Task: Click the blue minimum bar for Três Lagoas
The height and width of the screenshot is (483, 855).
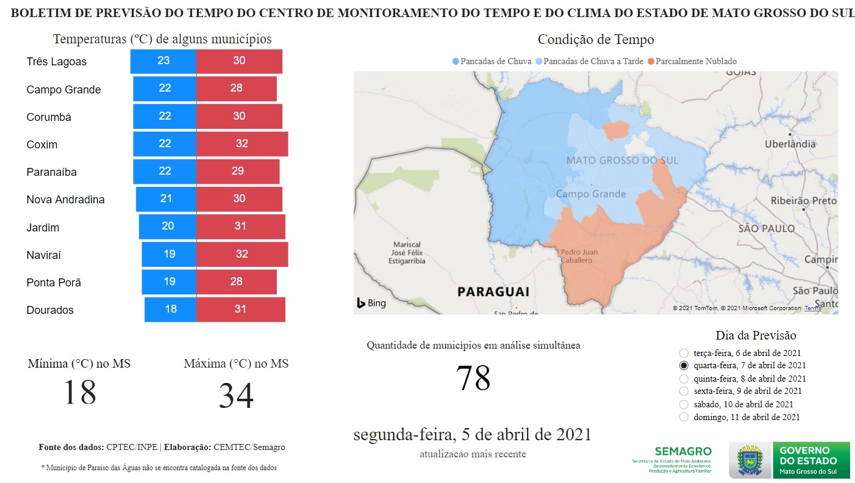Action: click(x=163, y=61)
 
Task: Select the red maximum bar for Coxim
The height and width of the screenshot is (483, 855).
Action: click(x=242, y=144)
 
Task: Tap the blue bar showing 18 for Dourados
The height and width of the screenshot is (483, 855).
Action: click(x=170, y=310)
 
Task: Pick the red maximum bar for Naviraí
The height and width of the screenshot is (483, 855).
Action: click(x=242, y=254)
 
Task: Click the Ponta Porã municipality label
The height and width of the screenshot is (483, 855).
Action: click(x=54, y=283)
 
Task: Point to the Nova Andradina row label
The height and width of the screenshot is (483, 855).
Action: click(x=65, y=200)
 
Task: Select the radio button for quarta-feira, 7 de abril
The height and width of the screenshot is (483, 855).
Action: click(x=684, y=366)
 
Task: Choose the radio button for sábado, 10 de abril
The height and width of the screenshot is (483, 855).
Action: click(x=684, y=404)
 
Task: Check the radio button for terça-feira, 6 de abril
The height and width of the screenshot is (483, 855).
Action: click(x=684, y=353)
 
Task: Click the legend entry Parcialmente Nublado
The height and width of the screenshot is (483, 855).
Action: click(x=695, y=61)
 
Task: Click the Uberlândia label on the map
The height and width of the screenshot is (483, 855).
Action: click(x=790, y=144)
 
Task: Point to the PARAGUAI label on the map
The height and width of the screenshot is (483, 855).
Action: click(x=493, y=291)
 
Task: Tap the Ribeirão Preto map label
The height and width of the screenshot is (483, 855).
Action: click(x=803, y=201)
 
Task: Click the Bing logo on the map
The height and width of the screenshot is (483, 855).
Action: click(x=371, y=303)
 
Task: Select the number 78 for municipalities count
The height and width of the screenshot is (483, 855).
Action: click(x=473, y=378)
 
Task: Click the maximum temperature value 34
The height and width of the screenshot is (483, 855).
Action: click(x=236, y=396)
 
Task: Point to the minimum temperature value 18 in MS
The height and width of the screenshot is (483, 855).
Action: click(x=79, y=392)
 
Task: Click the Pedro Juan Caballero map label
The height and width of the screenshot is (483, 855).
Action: click(x=579, y=256)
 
